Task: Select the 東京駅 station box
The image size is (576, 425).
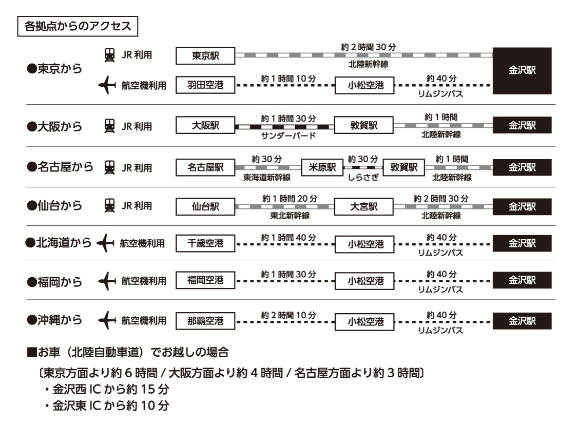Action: [205, 56]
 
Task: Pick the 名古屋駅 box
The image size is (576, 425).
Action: [205, 167]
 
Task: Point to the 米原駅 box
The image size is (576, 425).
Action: [322, 167]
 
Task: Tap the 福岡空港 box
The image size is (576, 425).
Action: [205, 280]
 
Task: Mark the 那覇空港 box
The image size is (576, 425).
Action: [205, 321]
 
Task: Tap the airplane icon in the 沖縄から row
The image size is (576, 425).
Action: [108, 321]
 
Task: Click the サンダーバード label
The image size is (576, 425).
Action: [287, 136]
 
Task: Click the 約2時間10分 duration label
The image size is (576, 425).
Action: [288, 314]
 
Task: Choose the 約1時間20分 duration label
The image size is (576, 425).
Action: [288, 198]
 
